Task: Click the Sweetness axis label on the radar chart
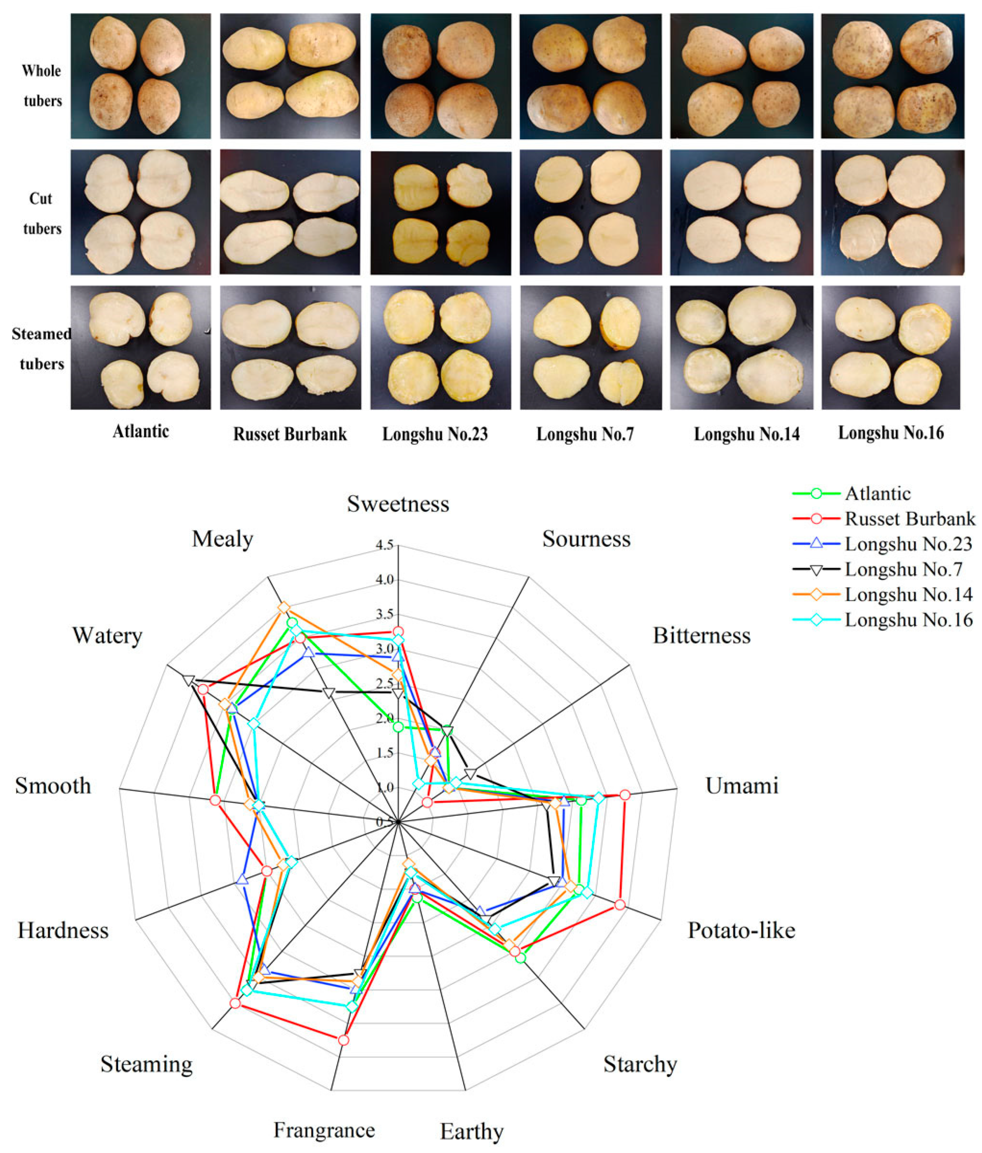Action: (x=398, y=504)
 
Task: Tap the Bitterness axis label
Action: (x=701, y=635)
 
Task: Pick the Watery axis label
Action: (x=107, y=635)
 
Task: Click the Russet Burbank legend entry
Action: (x=910, y=519)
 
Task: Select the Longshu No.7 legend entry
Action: (x=903, y=569)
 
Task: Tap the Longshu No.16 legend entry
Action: (x=908, y=620)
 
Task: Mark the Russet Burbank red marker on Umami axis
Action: (x=625, y=795)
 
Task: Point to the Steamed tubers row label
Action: (x=42, y=349)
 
